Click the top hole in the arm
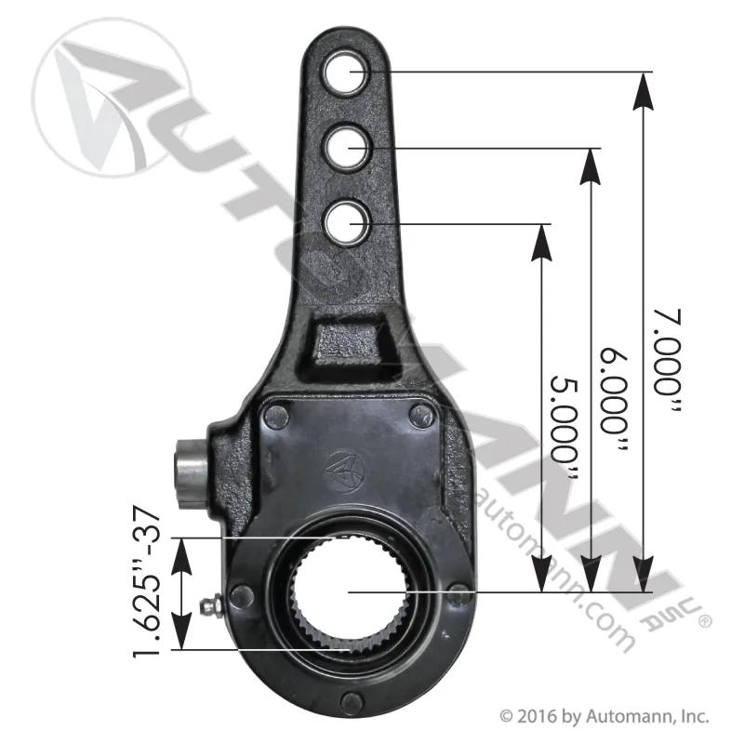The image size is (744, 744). pos(345,73)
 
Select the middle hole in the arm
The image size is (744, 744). pos(345,148)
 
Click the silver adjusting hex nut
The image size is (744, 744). pos(191,474)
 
